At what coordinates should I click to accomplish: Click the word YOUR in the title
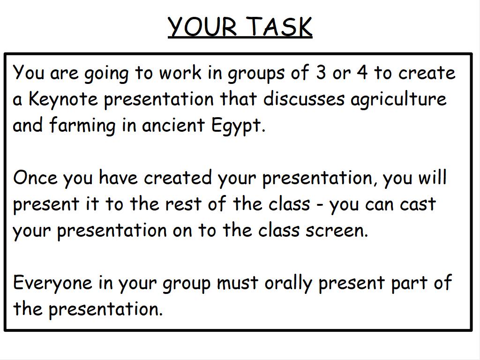click(x=202, y=26)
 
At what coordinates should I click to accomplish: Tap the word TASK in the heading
click(x=280, y=26)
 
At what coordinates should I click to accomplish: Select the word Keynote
click(x=63, y=99)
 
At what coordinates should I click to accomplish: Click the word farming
click(x=82, y=126)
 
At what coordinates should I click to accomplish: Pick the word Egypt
click(x=238, y=126)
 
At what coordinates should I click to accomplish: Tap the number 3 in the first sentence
click(x=321, y=73)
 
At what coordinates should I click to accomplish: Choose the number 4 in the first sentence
click(x=362, y=73)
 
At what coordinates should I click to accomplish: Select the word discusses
click(x=304, y=99)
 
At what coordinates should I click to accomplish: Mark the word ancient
click(x=173, y=125)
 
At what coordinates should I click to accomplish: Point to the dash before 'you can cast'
click(x=320, y=204)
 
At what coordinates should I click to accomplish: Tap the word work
click(x=180, y=73)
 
